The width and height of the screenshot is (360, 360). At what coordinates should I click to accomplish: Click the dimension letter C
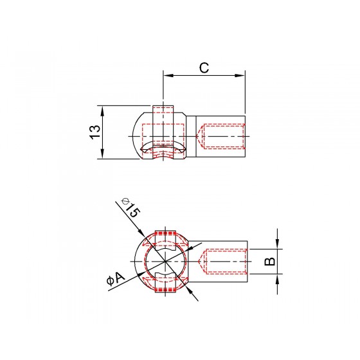[x=204, y=67]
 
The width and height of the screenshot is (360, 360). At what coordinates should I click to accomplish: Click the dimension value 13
[x=95, y=132]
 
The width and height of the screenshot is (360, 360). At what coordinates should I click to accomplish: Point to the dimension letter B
[x=269, y=262]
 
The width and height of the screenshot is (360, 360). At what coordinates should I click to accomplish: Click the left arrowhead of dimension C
[x=168, y=76]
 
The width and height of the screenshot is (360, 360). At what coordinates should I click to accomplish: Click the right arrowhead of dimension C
[x=240, y=76]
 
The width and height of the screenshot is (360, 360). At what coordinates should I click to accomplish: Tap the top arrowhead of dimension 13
[x=102, y=111]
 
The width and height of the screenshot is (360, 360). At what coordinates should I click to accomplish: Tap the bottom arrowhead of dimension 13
[x=102, y=154]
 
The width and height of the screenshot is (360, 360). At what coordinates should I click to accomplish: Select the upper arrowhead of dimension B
[x=277, y=244]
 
